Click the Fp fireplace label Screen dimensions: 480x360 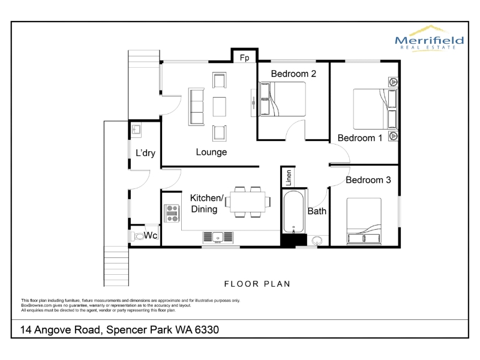(244, 58)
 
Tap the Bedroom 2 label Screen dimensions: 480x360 (293, 74)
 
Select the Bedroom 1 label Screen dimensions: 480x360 (359, 138)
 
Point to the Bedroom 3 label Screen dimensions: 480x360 (368, 180)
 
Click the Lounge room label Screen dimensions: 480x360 (211, 152)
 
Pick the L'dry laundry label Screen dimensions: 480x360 (145, 153)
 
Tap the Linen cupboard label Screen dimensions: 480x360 (289, 178)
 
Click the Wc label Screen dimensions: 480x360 (151, 235)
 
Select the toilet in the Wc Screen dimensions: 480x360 (137, 236)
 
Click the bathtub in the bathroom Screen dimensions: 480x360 (293, 212)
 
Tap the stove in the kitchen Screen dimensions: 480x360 (172, 214)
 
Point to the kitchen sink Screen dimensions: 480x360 (218, 238)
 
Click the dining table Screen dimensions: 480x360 (248, 202)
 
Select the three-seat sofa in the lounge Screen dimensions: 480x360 (196, 107)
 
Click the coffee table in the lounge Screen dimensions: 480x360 (219, 107)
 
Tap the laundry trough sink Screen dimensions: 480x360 (136, 130)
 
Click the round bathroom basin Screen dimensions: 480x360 (317, 241)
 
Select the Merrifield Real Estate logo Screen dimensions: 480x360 (429, 38)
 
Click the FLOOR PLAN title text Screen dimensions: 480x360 (257, 284)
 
